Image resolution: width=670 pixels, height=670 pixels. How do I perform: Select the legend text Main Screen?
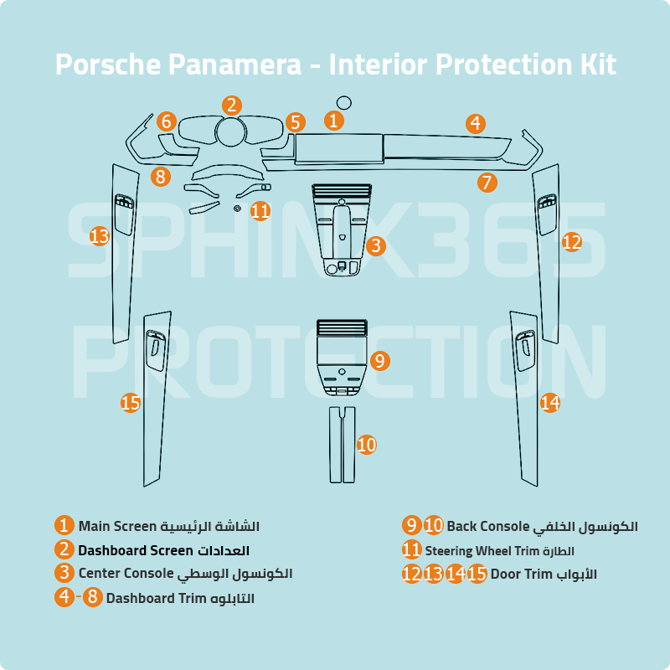(117, 527)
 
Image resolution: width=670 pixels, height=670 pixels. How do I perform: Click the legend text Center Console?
(126, 574)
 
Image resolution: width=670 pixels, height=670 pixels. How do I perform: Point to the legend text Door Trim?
(522, 575)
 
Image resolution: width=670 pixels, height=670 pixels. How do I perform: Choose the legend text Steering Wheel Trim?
(482, 551)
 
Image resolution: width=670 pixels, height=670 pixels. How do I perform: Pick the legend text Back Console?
(487, 527)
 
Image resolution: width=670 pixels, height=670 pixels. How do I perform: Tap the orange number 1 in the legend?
(64, 526)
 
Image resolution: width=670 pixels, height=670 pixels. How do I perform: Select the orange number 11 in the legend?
(411, 550)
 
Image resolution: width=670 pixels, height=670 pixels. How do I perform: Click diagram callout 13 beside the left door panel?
(100, 237)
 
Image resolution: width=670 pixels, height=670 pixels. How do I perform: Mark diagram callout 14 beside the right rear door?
(549, 403)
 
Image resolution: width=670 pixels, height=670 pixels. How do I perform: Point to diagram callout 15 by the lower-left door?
(130, 403)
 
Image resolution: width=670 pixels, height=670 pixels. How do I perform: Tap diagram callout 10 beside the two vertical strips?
(367, 445)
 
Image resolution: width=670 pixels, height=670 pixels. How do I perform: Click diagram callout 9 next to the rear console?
(379, 361)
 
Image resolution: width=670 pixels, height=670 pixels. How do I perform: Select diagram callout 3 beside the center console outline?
(376, 245)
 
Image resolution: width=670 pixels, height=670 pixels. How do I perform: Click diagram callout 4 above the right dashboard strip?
(475, 124)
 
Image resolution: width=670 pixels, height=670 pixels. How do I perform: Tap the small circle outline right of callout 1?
(343, 103)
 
